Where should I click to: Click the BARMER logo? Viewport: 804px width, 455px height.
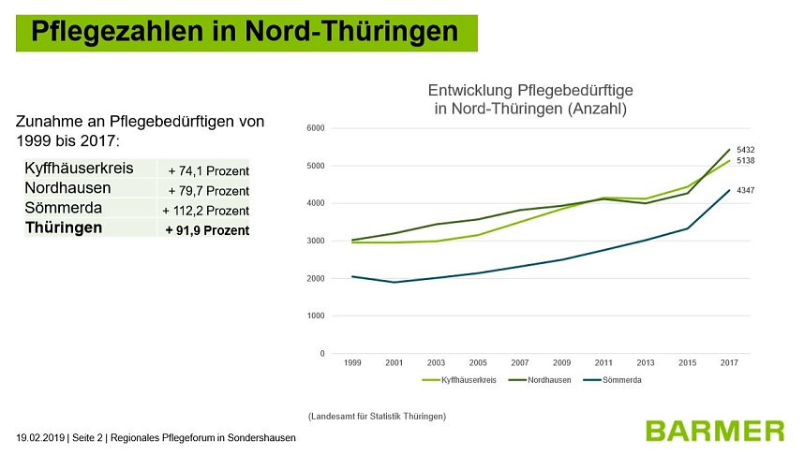714,431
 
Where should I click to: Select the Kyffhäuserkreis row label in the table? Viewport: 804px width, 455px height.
79,169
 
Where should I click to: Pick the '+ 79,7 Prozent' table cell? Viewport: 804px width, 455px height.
208,191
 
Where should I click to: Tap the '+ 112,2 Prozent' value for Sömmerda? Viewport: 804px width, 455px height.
205,211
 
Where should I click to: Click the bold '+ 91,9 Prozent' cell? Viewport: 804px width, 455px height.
207,230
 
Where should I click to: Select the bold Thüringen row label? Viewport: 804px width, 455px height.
64,227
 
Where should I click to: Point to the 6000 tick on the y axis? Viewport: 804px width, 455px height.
314,128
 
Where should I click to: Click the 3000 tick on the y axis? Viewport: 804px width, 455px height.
314,241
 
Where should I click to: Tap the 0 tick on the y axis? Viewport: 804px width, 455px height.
321,353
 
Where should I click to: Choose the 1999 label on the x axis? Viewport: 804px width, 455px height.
352,362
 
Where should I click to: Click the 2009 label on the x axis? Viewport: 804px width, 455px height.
561,362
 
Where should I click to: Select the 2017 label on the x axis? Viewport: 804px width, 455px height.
729,362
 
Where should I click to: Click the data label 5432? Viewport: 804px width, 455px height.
745,149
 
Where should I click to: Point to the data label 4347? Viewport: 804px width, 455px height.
745,190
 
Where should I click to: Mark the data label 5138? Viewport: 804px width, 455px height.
745,161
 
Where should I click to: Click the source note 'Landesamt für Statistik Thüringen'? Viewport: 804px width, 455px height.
377,415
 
